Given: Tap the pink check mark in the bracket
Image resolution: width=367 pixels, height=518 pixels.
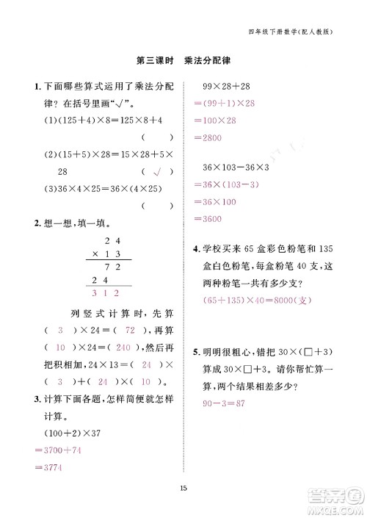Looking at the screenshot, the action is pyautogui.click(x=156, y=173).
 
